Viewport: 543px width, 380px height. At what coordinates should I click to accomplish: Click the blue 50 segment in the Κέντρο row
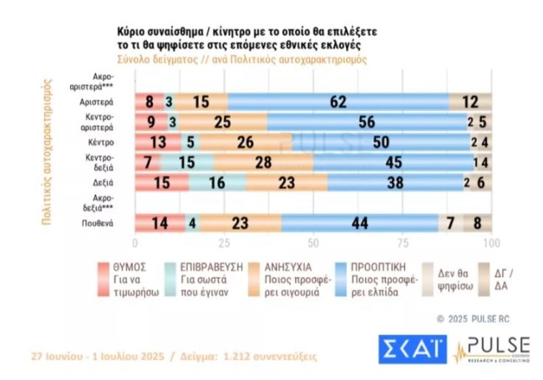click(378, 142)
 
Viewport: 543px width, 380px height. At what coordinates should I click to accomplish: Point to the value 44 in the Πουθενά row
click(359, 222)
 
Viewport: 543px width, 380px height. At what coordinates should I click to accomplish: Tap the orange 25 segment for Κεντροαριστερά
click(222, 122)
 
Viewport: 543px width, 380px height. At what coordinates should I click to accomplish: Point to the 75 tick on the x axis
click(403, 243)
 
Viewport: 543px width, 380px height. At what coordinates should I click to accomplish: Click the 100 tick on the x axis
click(491, 243)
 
